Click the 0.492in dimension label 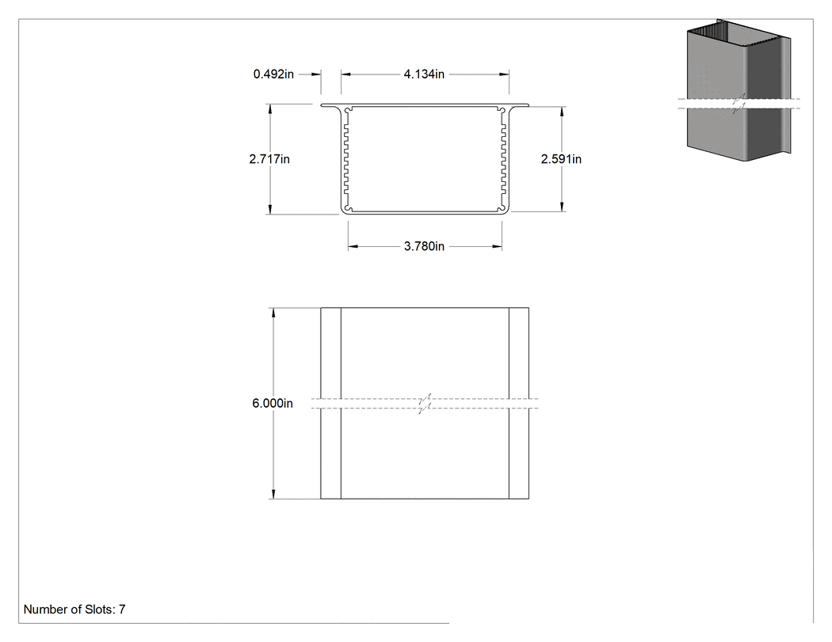coord(273,74)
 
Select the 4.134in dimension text coord(424,74)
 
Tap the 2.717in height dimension coord(269,159)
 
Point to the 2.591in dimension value coord(561,159)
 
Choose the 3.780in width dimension coord(424,246)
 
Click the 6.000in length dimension coord(273,404)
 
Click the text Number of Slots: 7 coord(74,610)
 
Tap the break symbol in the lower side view coord(425,404)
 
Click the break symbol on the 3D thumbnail coord(739,104)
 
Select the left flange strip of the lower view coord(330,403)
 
